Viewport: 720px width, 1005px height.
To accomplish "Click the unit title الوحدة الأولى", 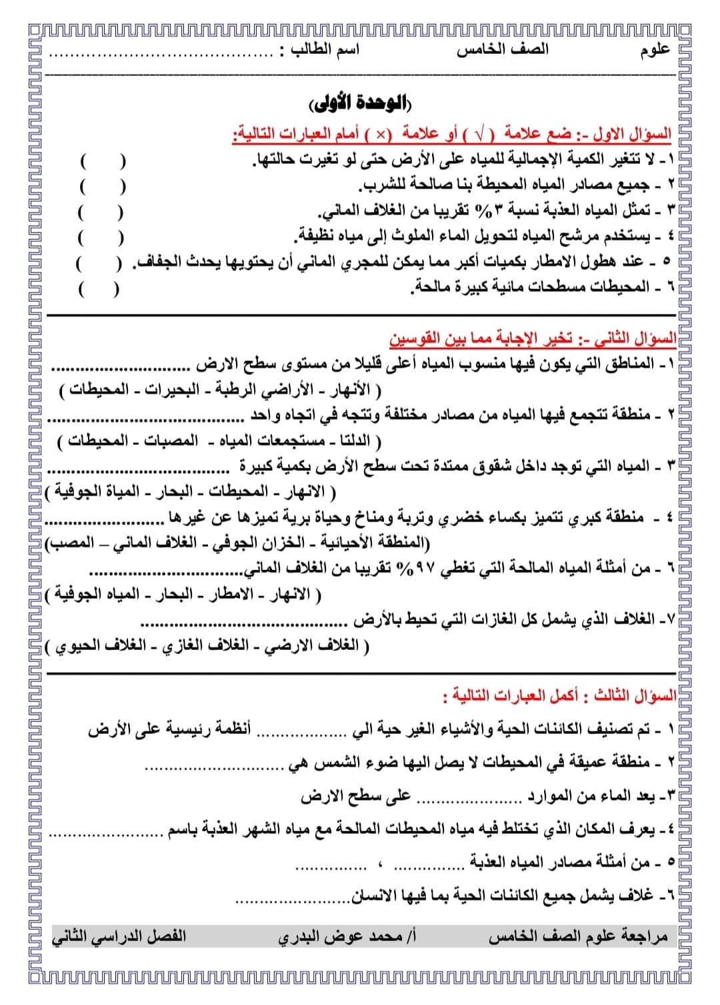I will point(361,105).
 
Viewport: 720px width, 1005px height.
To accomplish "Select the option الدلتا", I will point(355,441).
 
